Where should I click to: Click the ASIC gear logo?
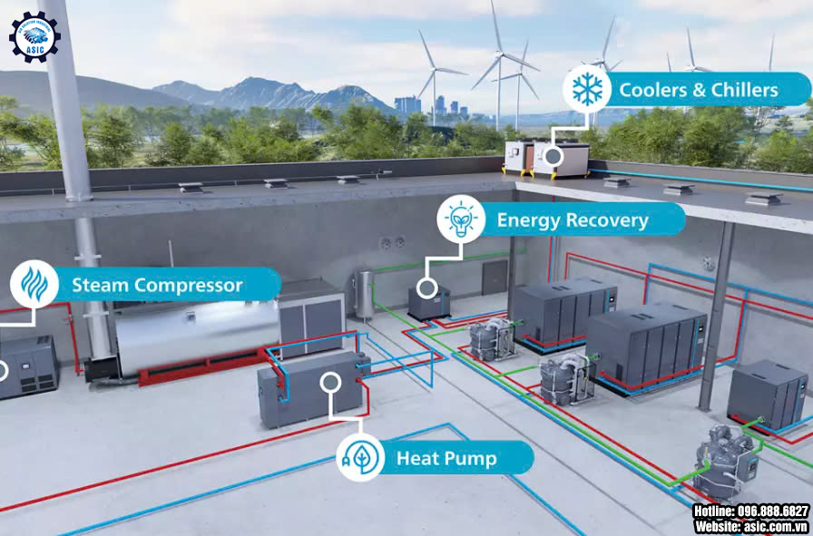point(34,36)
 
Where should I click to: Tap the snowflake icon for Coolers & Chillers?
point(587,90)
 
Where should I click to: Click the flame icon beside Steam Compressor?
point(34,285)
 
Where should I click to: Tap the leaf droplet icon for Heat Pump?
point(360,457)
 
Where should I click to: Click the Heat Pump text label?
point(446,458)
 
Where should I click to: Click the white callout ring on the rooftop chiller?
point(552,156)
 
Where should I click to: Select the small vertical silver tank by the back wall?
point(365,294)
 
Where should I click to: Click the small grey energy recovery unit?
point(428,299)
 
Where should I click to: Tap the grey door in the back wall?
point(495,277)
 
